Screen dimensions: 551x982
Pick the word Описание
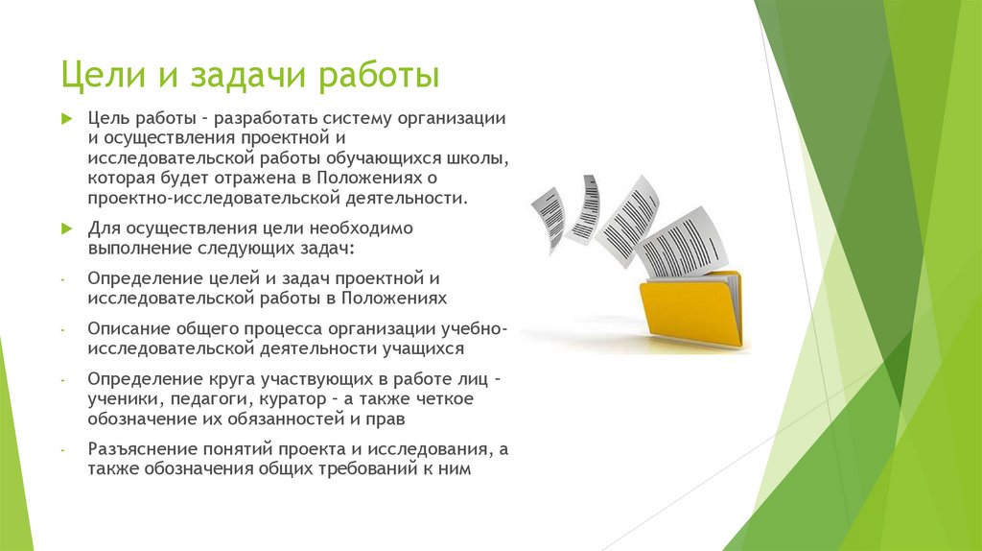point(121,328)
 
